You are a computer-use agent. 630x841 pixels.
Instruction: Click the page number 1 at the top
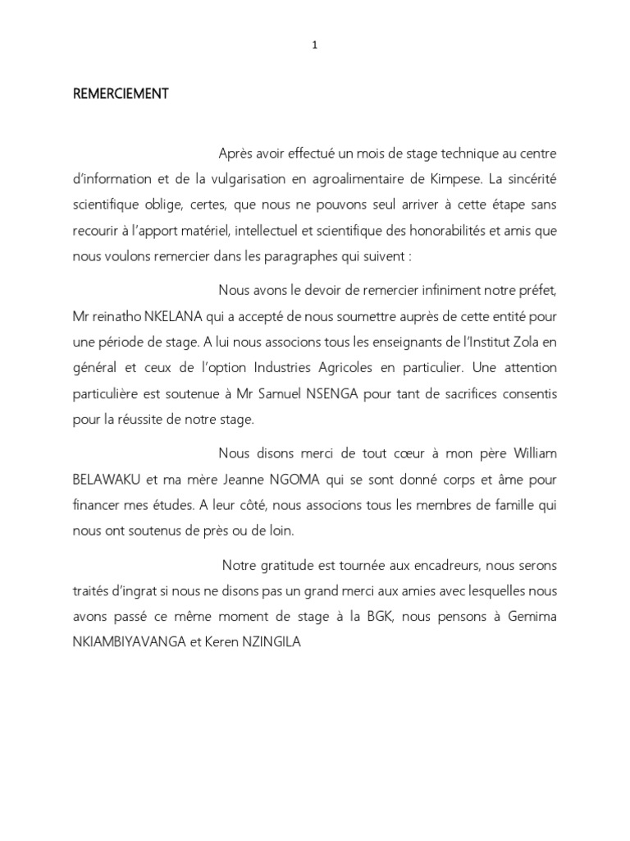click(x=315, y=46)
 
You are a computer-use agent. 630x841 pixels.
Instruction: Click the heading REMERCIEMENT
click(x=121, y=94)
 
